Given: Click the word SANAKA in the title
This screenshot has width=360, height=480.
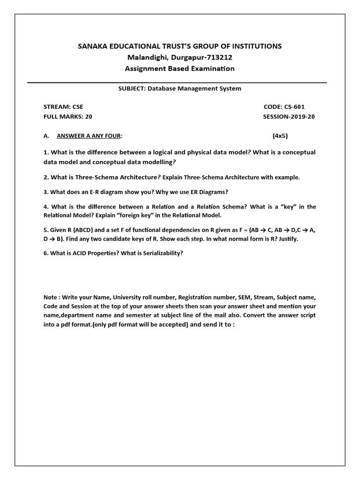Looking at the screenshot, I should pyautogui.click(x=93, y=46).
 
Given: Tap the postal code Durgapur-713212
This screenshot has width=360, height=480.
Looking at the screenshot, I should pyautogui.click(x=205, y=57).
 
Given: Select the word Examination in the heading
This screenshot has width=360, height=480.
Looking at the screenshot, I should pyautogui.click(x=210, y=68).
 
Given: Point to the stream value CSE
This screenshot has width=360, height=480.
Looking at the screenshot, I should pyautogui.click(x=77, y=107).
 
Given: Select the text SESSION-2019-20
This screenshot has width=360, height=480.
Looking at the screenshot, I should pyautogui.click(x=289, y=117).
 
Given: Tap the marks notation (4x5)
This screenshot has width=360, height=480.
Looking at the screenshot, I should pyautogui.click(x=281, y=136).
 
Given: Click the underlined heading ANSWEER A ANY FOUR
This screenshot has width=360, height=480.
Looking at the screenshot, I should pyautogui.click(x=89, y=136).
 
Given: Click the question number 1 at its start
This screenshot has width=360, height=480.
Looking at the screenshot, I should pyautogui.click(x=45, y=152).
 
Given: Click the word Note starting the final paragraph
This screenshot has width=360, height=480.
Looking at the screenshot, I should pyautogui.click(x=51, y=298).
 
